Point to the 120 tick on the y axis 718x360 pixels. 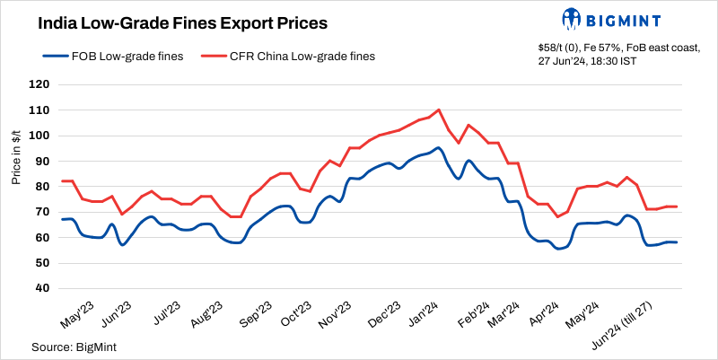(x=40, y=85)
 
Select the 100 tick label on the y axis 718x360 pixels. (x=40, y=136)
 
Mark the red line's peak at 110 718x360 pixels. (x=438, y=110)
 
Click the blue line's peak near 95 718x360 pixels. (x=438, y=148)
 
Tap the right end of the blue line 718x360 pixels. (x=677, y=242)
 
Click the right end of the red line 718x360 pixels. (x=677, y=206)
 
